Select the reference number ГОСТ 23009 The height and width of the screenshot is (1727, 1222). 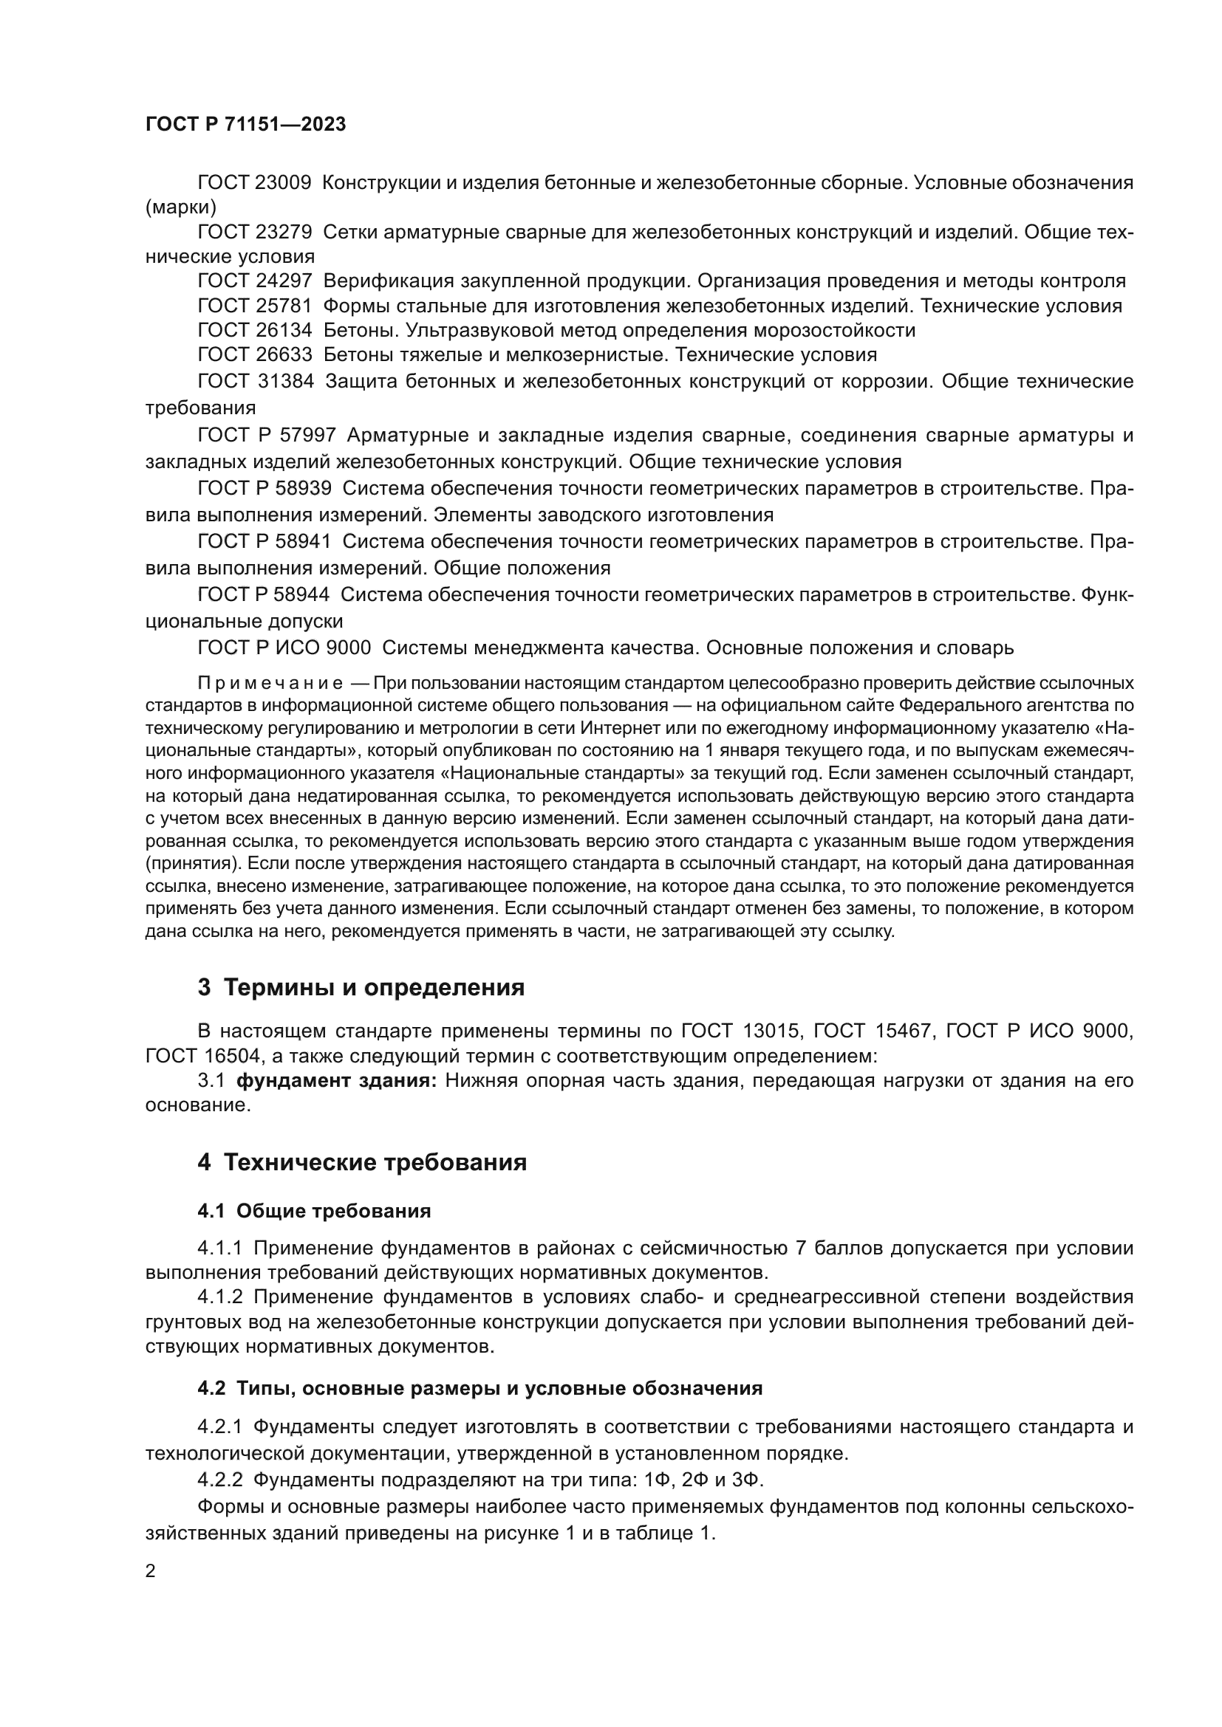coord(254,183)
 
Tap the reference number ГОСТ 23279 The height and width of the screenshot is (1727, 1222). coord(254,233)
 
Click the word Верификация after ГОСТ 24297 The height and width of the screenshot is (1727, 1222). coord(388,281)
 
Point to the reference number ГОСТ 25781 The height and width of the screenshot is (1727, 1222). coord(254,306)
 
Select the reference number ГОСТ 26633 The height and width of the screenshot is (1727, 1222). coord(254,354)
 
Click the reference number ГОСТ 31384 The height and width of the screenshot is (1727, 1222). coord(255,381)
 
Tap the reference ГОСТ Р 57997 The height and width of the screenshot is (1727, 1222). coord(267,435)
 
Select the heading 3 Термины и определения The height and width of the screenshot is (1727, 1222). coord(361,988)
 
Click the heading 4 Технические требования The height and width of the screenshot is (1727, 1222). coord(362,1163)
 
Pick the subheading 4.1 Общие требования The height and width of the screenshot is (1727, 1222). coord(314,1211)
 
